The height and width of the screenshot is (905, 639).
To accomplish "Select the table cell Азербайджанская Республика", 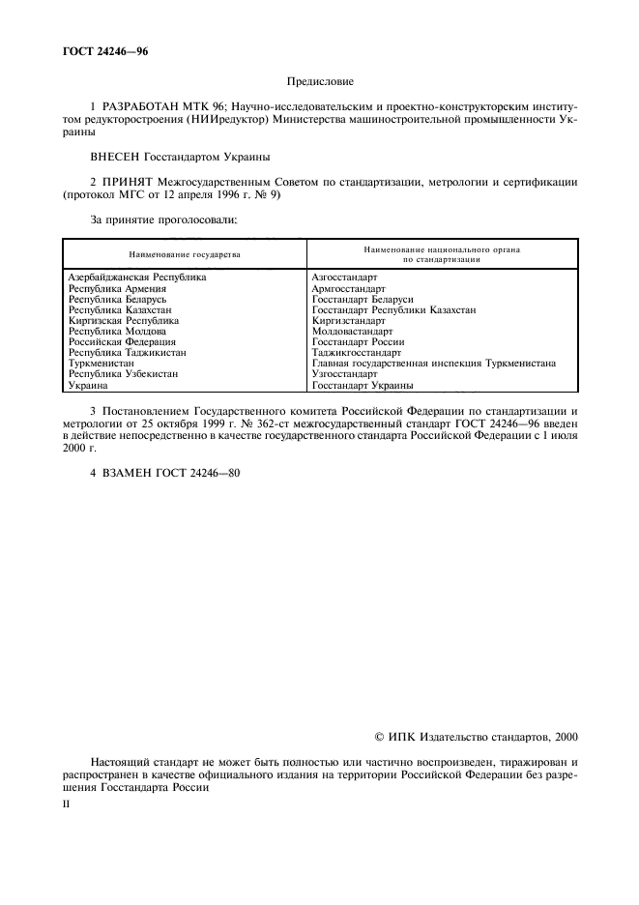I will [x=136, y=277].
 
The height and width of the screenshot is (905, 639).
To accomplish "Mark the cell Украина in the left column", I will [x=88, y=385].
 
